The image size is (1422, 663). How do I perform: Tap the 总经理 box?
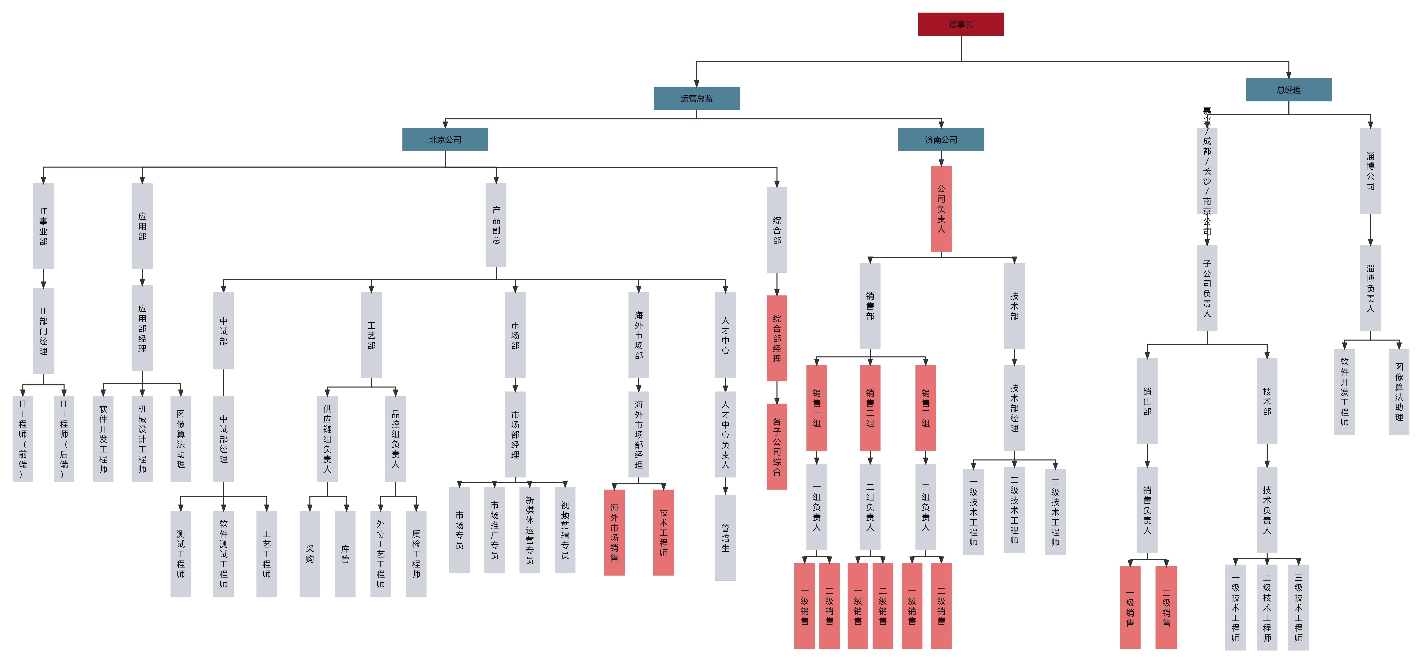click(x=1288, y=90)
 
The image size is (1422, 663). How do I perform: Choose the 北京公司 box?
click(x=445, y=140)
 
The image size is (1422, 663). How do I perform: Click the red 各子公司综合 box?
click(x=777, y=446)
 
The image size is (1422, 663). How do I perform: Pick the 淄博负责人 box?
click(x=1370, y=288)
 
